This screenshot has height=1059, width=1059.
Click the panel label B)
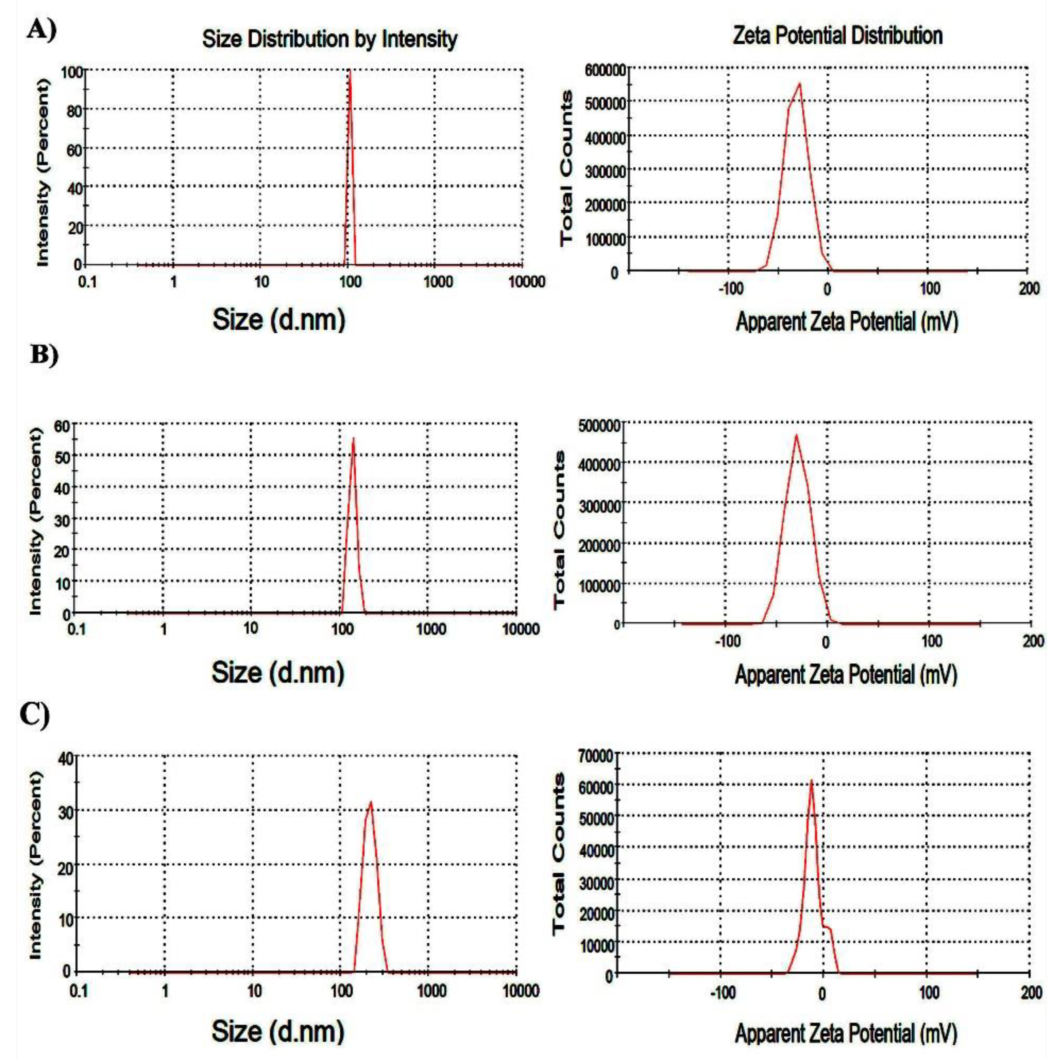click(44, 355)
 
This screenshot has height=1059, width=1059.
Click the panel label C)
click(34, 715)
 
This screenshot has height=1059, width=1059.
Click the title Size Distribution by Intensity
click(330, 39)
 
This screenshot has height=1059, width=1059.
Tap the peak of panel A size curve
click(349, 71)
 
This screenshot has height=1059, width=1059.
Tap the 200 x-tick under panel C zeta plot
click(1031, 993)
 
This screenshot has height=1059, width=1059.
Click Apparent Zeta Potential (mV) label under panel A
click(847, 322)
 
